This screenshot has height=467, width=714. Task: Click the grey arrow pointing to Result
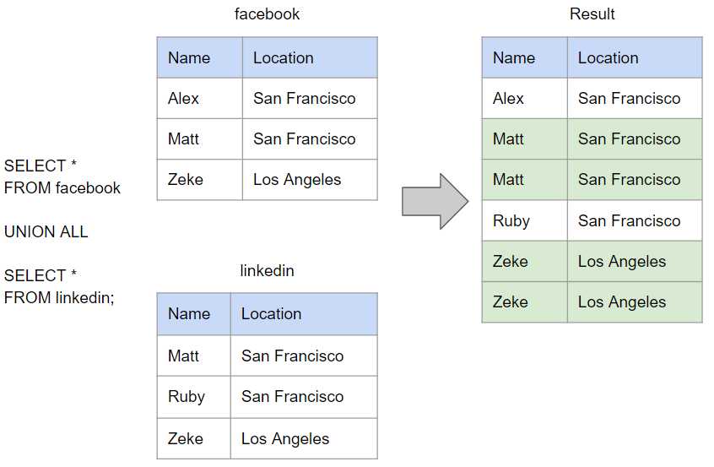(x=435, y=201)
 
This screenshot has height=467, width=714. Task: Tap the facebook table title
(x=267, y=14)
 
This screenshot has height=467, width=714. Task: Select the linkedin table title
(x=267, y=270)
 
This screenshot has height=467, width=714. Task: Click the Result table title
(x=592, y=14)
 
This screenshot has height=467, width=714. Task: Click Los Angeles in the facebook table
(x=297, y=180)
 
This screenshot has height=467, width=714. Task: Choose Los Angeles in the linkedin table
(x=285, y=439)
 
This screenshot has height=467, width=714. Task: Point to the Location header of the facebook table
(x=284, y=58)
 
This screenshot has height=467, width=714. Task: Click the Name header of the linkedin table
(x=189, y=314)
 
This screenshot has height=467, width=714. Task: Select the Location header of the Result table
(x=608, y=58)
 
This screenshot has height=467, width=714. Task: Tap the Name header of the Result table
(x=514, y=58)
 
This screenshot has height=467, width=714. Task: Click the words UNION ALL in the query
(x=46, y=232)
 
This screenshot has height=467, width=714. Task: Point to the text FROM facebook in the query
(x=62, y=187)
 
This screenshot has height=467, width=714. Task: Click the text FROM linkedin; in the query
(x=59, y=298)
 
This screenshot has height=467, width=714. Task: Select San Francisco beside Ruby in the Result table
(x=630, y=221)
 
